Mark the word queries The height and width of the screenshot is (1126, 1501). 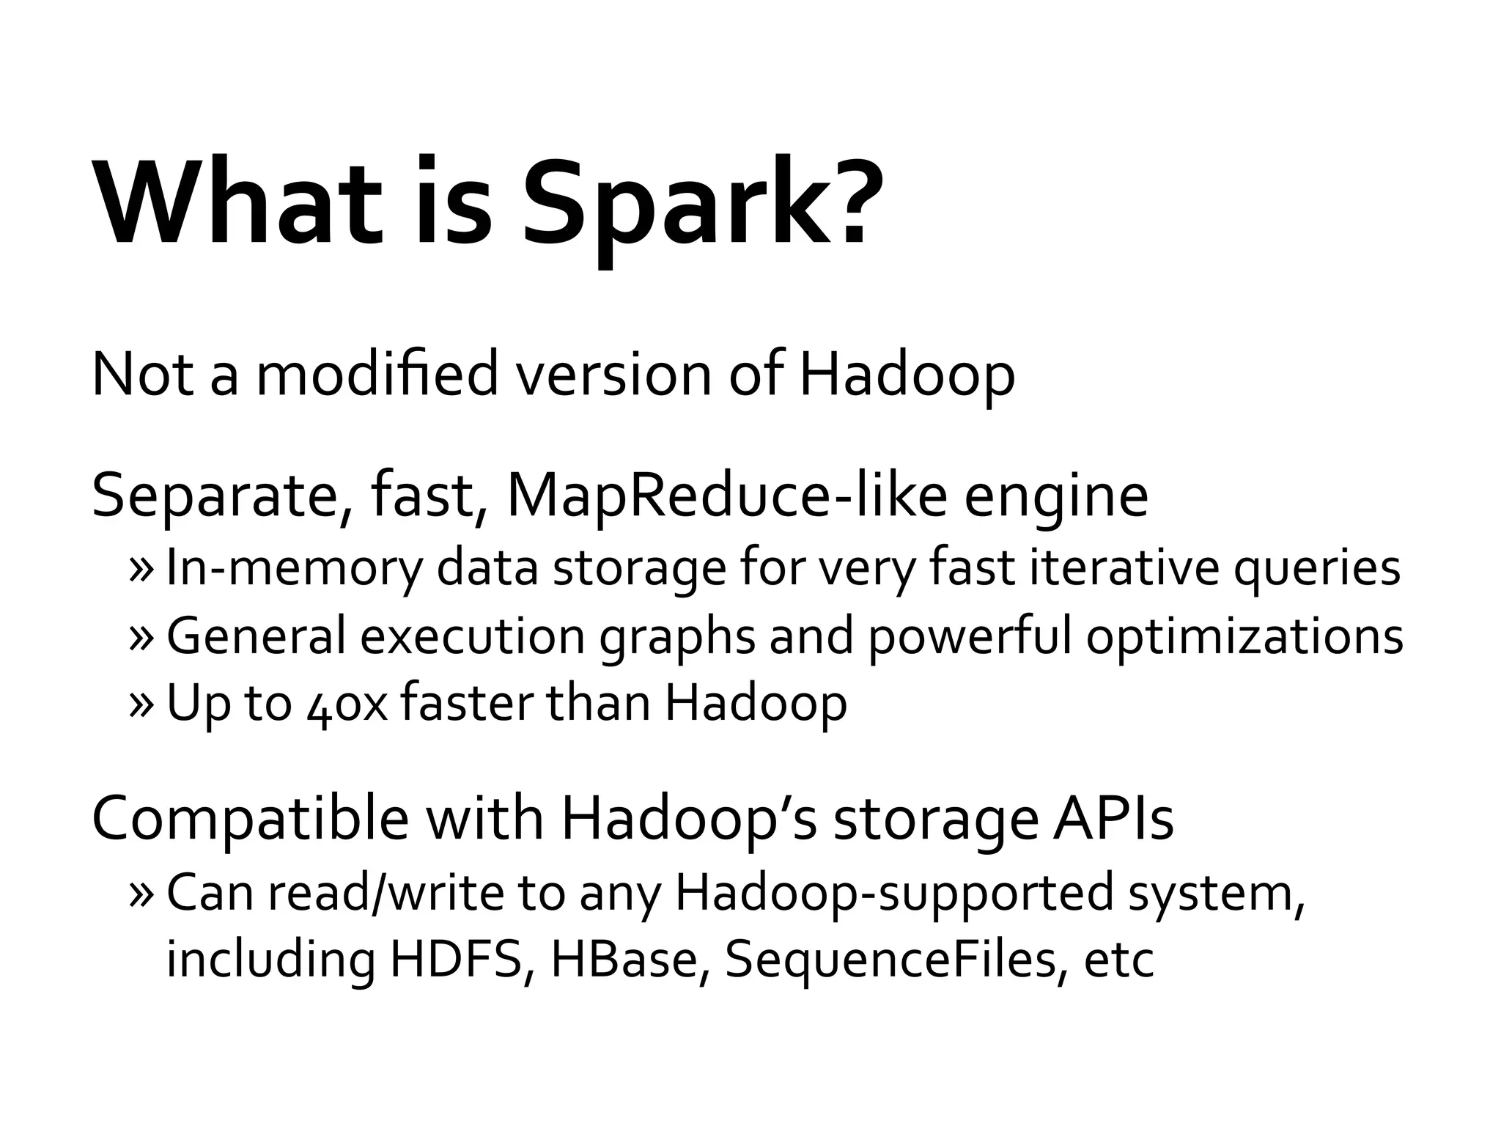click(1316, 568)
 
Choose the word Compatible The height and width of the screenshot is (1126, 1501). click(250, 819)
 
